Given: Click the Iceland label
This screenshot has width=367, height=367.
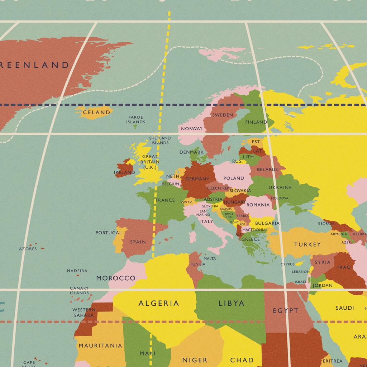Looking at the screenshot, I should pos(95,112).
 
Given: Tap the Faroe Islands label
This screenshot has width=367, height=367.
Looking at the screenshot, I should pos(135,119).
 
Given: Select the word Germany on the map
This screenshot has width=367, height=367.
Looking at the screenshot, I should pos(197,179).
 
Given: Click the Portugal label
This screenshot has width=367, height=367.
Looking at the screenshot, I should pos(109,233).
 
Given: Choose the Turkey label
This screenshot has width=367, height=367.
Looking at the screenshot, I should pos(307,244).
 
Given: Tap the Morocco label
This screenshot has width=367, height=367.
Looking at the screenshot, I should pos(116,278).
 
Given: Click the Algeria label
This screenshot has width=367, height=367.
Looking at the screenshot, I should pos(158,304).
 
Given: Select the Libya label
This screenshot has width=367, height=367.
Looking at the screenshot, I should pos(231,303).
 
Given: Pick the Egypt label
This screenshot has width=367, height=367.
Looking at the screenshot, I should pos(285,310).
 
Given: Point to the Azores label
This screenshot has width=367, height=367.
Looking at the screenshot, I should pos(28,249).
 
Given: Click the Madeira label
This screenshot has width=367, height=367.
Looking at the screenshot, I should pos(77,271).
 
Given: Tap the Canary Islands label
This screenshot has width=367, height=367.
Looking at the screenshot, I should pos(79,291).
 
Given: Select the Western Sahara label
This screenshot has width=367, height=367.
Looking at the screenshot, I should pos(84,312).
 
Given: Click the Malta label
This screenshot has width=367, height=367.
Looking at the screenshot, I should pos(210,258).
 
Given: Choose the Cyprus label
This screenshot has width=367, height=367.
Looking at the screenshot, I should pos(287,264).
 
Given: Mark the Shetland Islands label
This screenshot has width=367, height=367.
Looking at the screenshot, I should pos(160,140).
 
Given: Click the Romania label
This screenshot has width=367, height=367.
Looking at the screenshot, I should pos(258,205).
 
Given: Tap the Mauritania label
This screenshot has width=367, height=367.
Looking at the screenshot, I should pos(100,345).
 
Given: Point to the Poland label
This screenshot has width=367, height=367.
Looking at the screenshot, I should pos(233,178).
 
